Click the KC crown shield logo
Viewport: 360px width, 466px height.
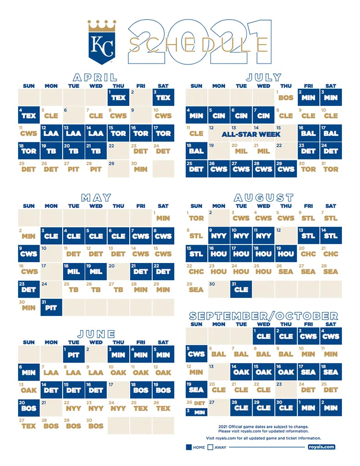pos(102,42)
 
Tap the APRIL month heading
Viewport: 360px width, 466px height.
pos(95,78)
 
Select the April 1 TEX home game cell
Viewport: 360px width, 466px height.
pos(118,97)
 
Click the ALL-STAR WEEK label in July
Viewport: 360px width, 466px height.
pos(251,134)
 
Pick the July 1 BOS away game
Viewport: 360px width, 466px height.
pos(286,97)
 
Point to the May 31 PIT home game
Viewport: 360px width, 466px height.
pos(51,307)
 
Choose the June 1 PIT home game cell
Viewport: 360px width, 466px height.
pos(73,355)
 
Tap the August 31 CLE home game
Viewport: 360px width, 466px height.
pos(241,289)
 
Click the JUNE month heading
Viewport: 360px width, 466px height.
pos(96,334)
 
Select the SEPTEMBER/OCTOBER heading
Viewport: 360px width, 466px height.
pos(263,316)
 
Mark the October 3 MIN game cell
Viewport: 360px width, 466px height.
pos(196,412)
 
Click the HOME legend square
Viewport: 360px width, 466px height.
pos(189,447)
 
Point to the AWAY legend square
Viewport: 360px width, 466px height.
pos(210,447)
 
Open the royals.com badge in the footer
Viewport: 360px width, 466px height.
pos(321,447)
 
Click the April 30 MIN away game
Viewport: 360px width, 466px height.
pos(140,169)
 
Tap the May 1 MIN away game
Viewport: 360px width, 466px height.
pos(163,217)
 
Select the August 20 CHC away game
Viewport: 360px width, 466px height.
pos(308,253)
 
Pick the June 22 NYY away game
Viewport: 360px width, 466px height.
pos(73,408)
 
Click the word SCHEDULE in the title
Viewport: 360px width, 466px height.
pos(198,45)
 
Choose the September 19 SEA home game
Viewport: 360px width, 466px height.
pos(196,389)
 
